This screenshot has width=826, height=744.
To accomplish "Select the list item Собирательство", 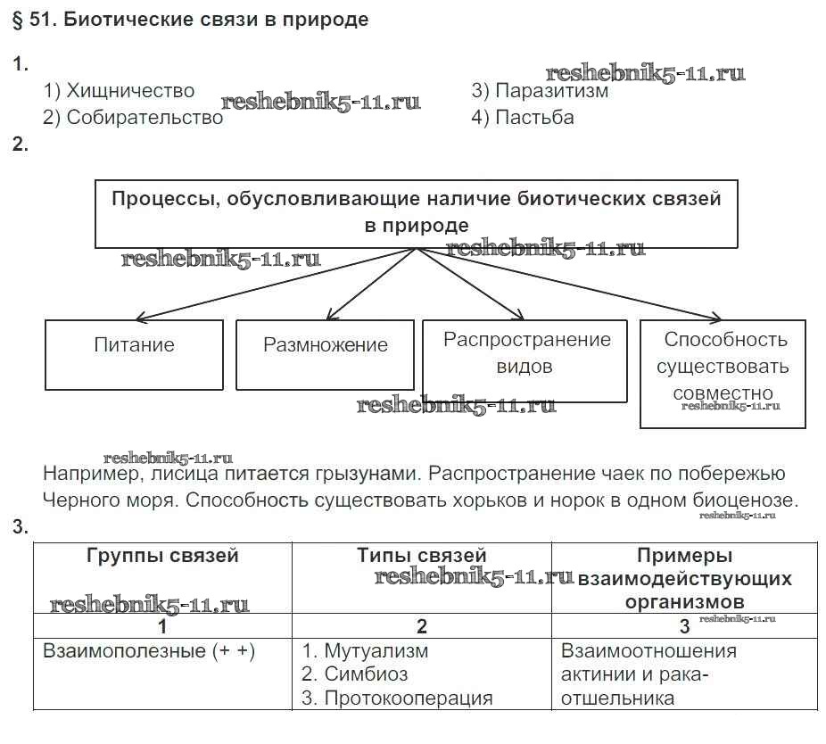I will click(x=133, y=118).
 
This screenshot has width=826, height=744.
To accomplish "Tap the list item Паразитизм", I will click(x=540, y=91).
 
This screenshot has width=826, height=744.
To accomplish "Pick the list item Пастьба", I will click(x=523, y=118).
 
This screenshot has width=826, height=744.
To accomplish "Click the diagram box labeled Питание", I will click(x=134, y=345).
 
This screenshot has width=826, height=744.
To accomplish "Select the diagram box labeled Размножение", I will click(x=325, y=345).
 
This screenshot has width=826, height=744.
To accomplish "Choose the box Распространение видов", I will click(x=526, y=353).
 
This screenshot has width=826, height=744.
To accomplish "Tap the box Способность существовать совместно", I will click(x=723, y=367).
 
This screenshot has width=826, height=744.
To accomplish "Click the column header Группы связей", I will click(x=162, y=556).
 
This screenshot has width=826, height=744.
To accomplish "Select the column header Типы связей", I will click(x=421, y=556).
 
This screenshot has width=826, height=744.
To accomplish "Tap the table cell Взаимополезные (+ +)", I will click(x=149, y=651).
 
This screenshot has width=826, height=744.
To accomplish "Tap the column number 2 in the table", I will click(x=421, y=625).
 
